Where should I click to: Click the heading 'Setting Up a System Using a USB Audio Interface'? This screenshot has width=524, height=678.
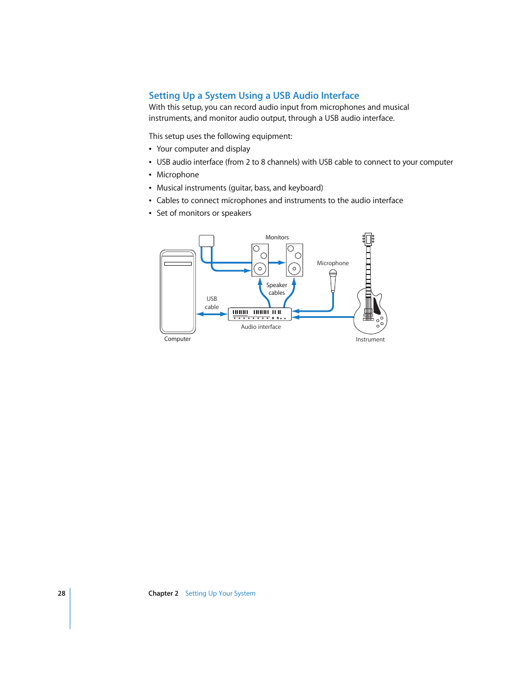(254, 96)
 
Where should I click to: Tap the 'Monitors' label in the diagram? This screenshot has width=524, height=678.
(277, 237)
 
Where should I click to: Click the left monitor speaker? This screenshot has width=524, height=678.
(260, 260)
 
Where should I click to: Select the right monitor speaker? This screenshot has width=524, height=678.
(294, 260)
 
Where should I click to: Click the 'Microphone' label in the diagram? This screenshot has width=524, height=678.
(332, 263)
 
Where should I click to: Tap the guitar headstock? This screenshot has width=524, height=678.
(368, 239)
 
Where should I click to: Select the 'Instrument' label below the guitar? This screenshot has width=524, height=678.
(370, 339)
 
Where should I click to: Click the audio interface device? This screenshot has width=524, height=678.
(259, 314)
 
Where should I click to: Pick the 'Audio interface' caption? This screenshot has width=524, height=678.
(261, 327)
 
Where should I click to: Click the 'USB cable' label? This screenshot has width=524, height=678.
(211, 303)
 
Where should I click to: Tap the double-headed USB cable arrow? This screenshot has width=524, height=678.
(212, 314)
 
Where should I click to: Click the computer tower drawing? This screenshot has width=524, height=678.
(177, 292)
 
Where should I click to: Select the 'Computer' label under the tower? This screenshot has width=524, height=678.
(177, 339)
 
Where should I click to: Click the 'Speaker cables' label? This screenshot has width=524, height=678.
(276, 289)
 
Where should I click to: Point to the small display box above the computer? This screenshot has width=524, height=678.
(207, 240)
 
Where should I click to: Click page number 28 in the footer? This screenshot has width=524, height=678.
(62, 593)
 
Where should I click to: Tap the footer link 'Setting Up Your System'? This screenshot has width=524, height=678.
(220, 593)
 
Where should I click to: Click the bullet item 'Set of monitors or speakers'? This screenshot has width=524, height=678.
(204, 213)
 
